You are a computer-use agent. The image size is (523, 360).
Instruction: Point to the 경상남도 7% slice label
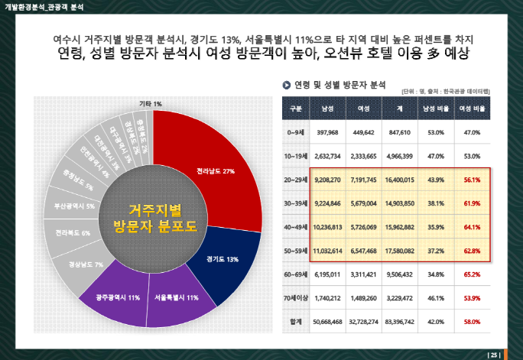click(85, 264)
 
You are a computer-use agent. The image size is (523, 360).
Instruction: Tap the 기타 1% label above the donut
click(150, 103)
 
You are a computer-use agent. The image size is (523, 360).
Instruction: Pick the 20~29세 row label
click(296, 180)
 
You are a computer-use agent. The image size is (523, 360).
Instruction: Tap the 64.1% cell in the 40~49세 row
click(472, 226)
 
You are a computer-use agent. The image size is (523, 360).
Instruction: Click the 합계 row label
click(296, 322)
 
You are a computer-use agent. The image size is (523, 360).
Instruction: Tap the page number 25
click(493, 354)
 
